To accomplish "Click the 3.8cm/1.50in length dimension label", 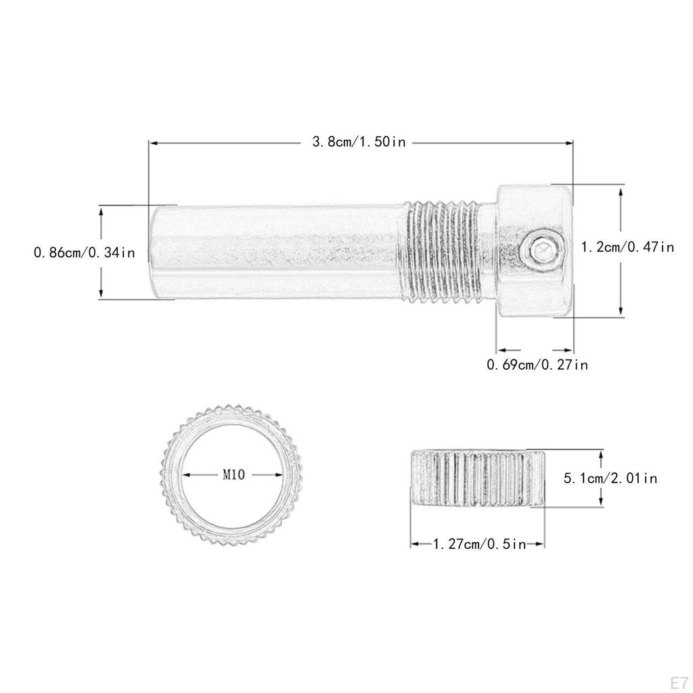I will [358, 143].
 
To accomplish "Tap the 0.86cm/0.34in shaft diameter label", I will [85, 252].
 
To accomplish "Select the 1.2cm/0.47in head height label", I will [628, 247].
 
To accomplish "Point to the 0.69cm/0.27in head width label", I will [537, 365].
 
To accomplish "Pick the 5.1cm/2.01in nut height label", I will [610, 478].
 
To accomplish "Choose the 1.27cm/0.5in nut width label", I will [478, 543].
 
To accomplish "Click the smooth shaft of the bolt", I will [277, 252].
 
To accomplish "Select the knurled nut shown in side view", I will [477, 478].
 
